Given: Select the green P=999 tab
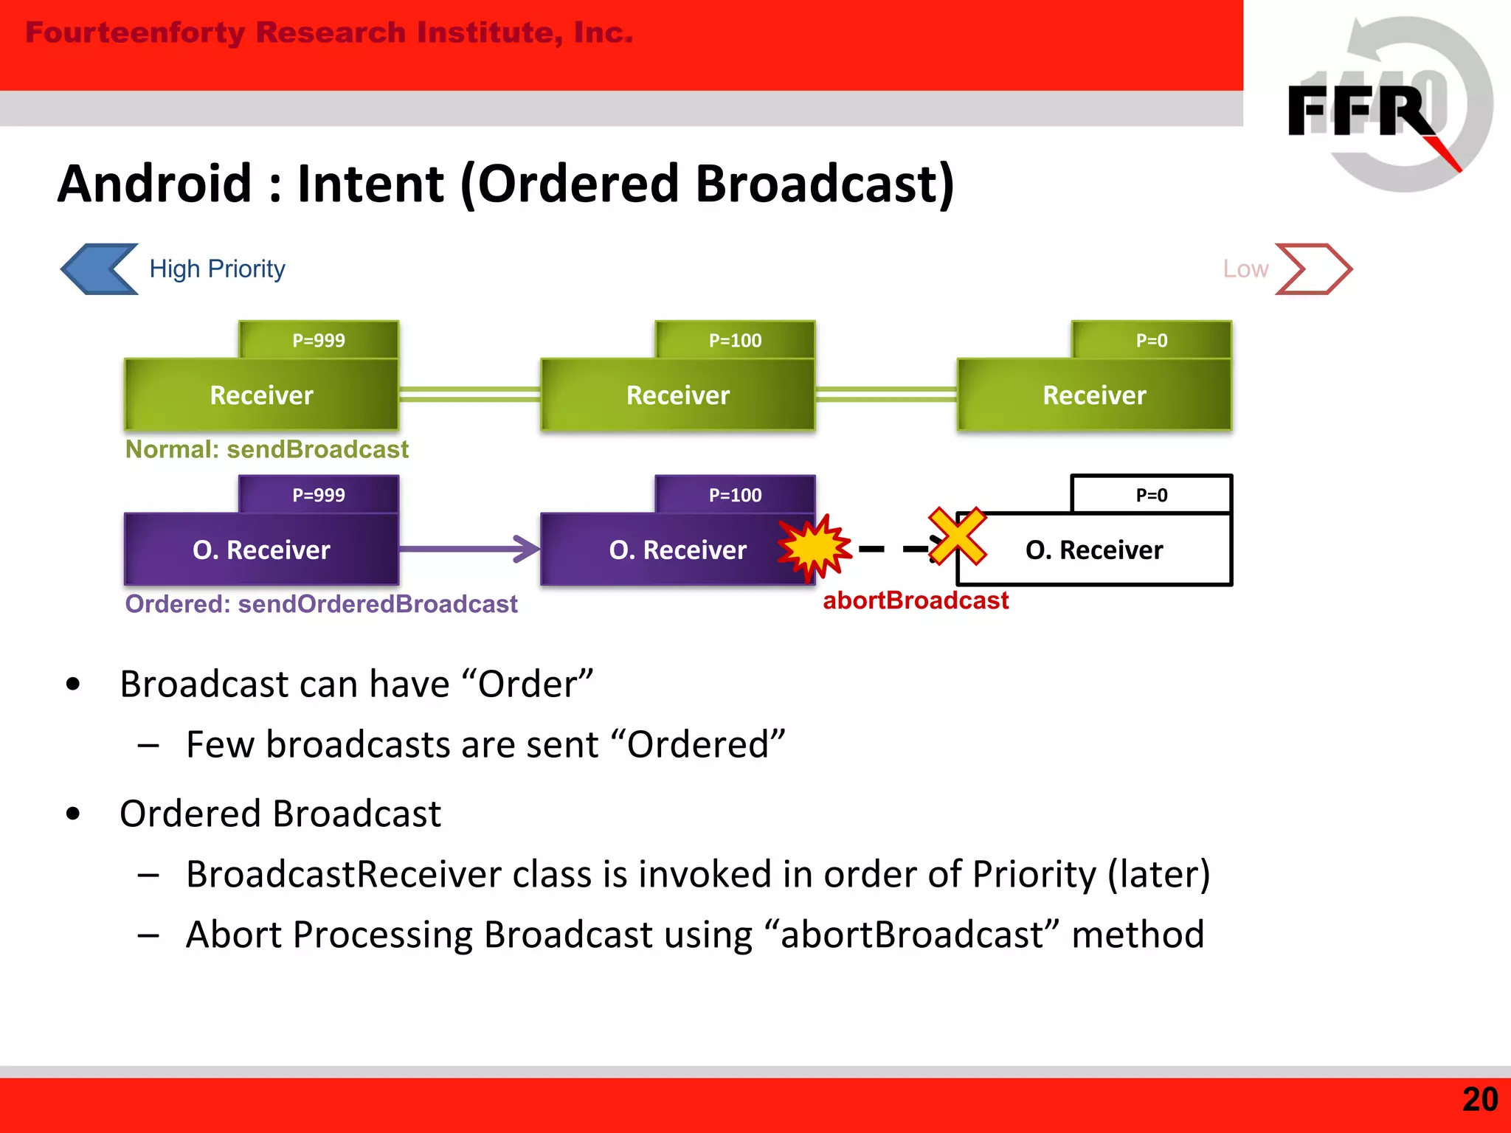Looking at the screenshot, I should (x=319, y=340).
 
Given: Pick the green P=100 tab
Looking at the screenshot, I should (x=735, y=340).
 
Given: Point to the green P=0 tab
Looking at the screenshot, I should (x=1151, y=340).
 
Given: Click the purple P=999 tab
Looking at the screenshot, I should (x=319, y=495).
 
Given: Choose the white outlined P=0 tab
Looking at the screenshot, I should (x=1151, y=495).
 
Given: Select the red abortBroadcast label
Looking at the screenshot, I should (x=916, y=600).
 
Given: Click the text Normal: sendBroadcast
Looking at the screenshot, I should (x=266, y=449).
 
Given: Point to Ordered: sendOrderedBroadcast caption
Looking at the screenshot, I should (x=321, y=604).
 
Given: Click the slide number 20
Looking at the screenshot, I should (x=1479, y=1100).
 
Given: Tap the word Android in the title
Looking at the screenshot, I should (x=155, y=184).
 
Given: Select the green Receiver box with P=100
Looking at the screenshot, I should (x=677, y=395).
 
